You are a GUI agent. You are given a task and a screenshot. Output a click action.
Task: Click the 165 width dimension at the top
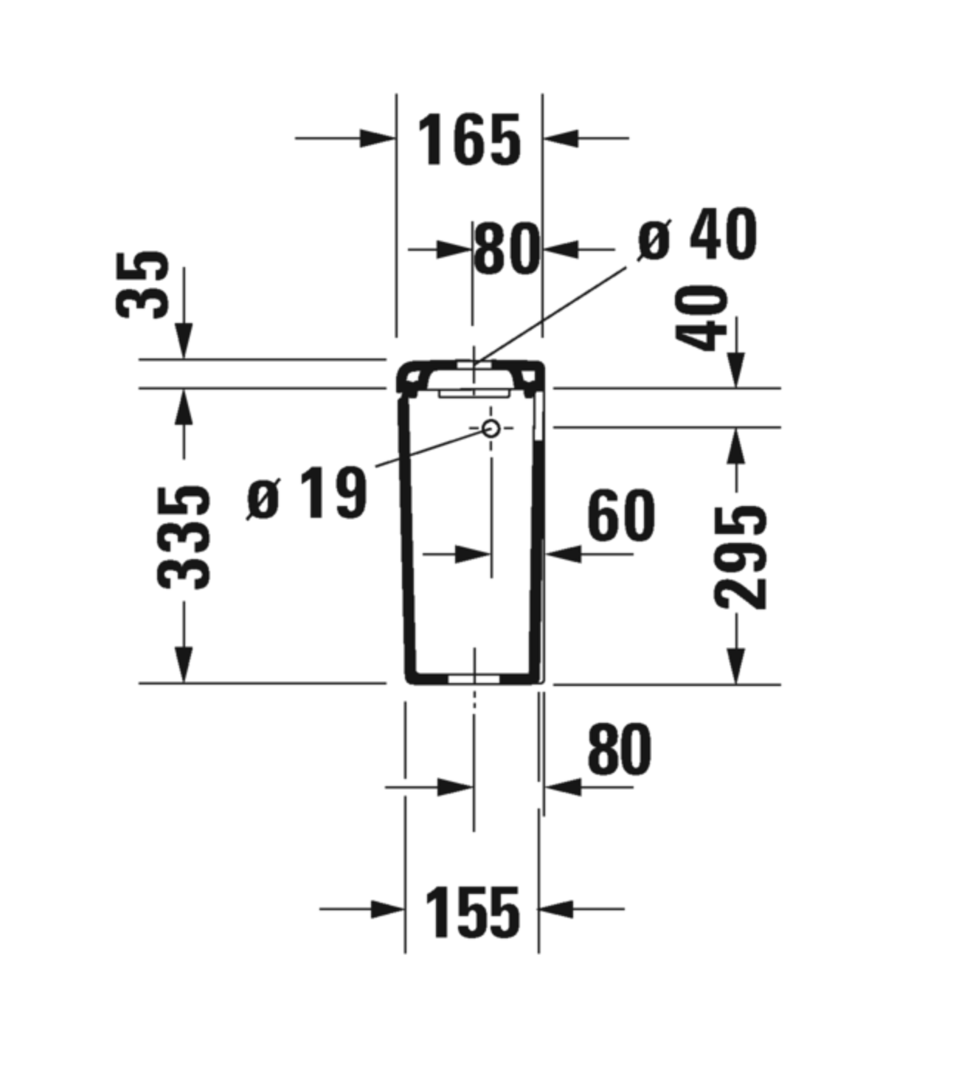click(x=470, y=140)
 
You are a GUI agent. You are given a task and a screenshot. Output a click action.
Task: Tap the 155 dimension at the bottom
click(x=472, y=912)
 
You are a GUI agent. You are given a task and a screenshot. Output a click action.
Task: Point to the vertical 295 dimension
click(x=741, y=558)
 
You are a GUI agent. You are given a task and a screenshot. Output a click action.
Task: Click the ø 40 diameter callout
click(x=698, y=235)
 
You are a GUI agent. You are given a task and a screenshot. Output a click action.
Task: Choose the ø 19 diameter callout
click(x=308, y=493)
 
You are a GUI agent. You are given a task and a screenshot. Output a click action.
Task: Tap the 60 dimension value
click(x=621, y=515)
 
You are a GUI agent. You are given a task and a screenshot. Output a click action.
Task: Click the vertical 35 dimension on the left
click(x=142, y=285)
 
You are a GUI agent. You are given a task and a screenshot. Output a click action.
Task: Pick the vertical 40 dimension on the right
click(x=701, y=318)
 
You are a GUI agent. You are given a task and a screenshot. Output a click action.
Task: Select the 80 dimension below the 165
click(x=507, y=249)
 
